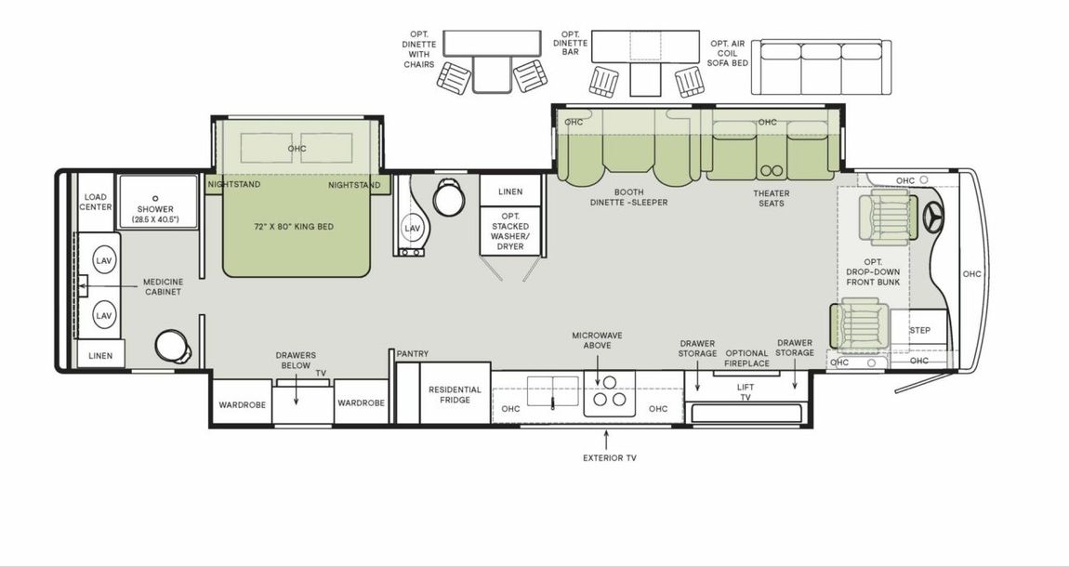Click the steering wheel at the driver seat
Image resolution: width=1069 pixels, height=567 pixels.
click(x=932, y=218)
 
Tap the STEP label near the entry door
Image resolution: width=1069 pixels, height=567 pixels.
click(x=919, y=330)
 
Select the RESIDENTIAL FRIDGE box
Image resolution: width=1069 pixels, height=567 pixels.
click(x=455, y=394)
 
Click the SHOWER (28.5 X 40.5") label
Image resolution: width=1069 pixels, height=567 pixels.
click(x=155, y=214)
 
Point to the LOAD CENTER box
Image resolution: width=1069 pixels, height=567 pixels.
click(x=97, y=202)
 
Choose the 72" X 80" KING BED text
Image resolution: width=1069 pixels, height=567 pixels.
click(x=294, y=227)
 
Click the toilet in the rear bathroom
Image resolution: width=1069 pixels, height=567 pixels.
click(x=173, y=347)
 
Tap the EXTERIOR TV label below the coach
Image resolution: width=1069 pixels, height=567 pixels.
click(x=609, y=457)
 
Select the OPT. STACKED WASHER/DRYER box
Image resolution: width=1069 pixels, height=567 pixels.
click(x=509, y=231)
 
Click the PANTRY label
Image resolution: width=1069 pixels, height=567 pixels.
click(x=411, y=354)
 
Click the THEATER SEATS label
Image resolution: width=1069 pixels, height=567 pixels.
click(x=771, y=197)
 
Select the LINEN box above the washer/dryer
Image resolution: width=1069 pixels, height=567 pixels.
click(x=510, y=191)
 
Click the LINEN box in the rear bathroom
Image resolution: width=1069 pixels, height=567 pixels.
click(x=100, y=356)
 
